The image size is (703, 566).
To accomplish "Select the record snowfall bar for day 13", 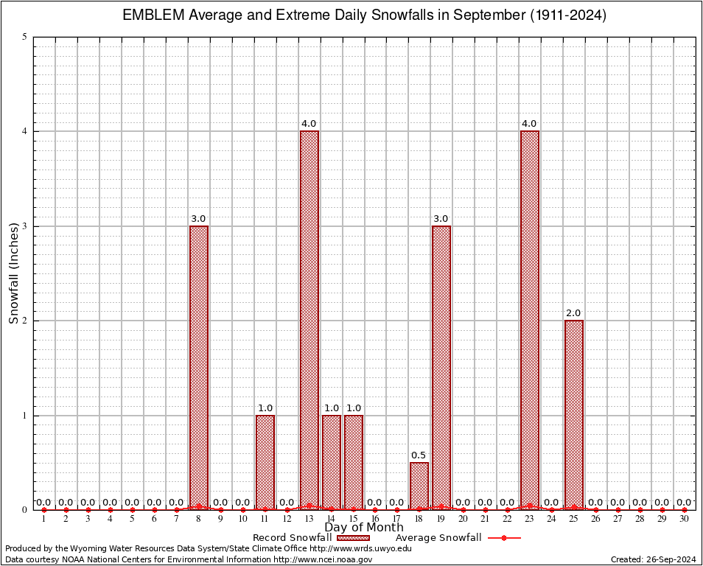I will pyautogui.click(x=309, y=320).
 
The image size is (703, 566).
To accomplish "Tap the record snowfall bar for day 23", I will pyautogui.click(x=529, y=320).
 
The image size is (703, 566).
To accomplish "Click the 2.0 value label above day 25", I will pyautogui.click(x=573, y=313).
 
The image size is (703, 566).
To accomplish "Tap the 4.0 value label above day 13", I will pyautogui.click(x=309, y=124).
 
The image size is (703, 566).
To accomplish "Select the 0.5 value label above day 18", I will pyautogui.click(x=419, y=455).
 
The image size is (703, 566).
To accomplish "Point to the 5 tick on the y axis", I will pyautogui.click(x=25, y=37).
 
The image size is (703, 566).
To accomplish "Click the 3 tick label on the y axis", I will pyautogui.click(x=25, y=226).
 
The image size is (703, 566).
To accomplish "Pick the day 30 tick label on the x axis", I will pyautogui.click(x=684, y=520).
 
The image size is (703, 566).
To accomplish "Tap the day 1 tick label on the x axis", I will pyautogui.click(x=44, y=520).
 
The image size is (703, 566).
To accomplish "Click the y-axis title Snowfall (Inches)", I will pyautogui.click(x=13, y=273).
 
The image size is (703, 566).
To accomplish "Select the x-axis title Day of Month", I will pyautogui.click(x=363, y=527).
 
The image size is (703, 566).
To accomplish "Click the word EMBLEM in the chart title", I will pyautogui.click(x=148, y=15).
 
